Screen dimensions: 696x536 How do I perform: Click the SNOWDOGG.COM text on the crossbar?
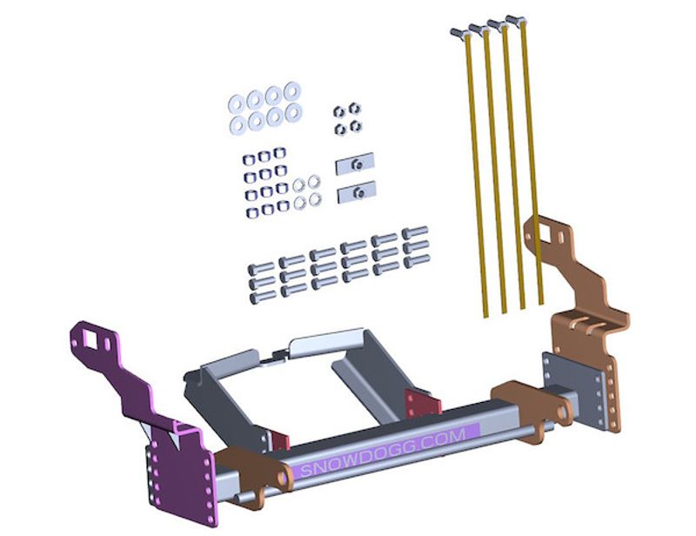[383, 452]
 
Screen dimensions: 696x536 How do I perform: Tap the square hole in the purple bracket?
[91, 341]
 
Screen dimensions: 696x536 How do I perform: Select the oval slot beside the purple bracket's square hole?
[108, 345]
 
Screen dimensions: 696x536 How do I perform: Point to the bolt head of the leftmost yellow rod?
[458, 32]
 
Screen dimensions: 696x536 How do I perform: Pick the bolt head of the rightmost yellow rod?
[514, 19]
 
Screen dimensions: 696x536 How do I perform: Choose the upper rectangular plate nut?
[356, 164]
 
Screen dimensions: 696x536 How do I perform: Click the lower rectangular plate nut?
[357, 192]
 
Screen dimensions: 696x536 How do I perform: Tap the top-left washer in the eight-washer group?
[236, 104]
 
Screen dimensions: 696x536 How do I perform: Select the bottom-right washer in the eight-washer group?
[294, 112]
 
